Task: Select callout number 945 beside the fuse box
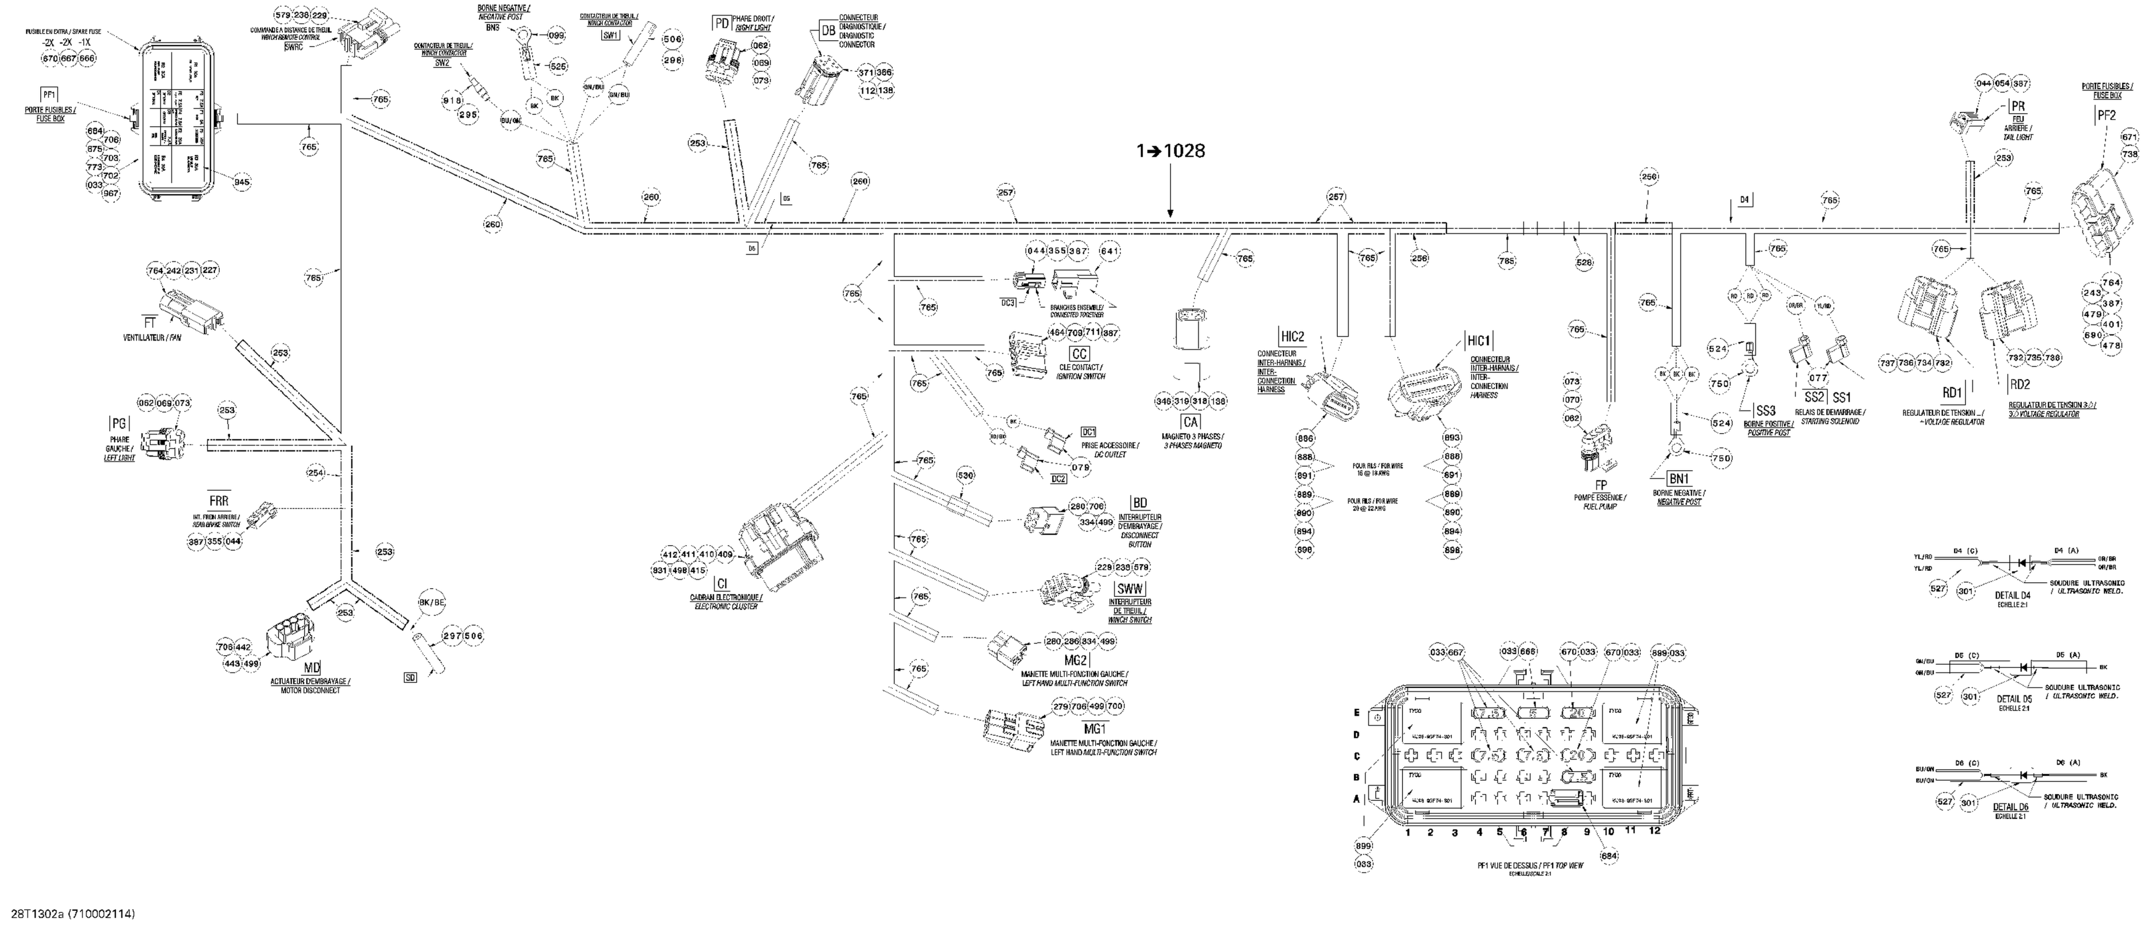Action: [x=242, y=182]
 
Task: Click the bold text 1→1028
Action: [x=1170, y=151]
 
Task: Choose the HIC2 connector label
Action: [x=1292, y=336]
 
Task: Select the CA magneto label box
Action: [x=1190, y=422]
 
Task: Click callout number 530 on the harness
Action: [x=965, y=476]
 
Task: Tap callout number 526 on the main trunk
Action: [x=1583, y=262]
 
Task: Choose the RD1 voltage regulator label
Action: [x=1950, y=392]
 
